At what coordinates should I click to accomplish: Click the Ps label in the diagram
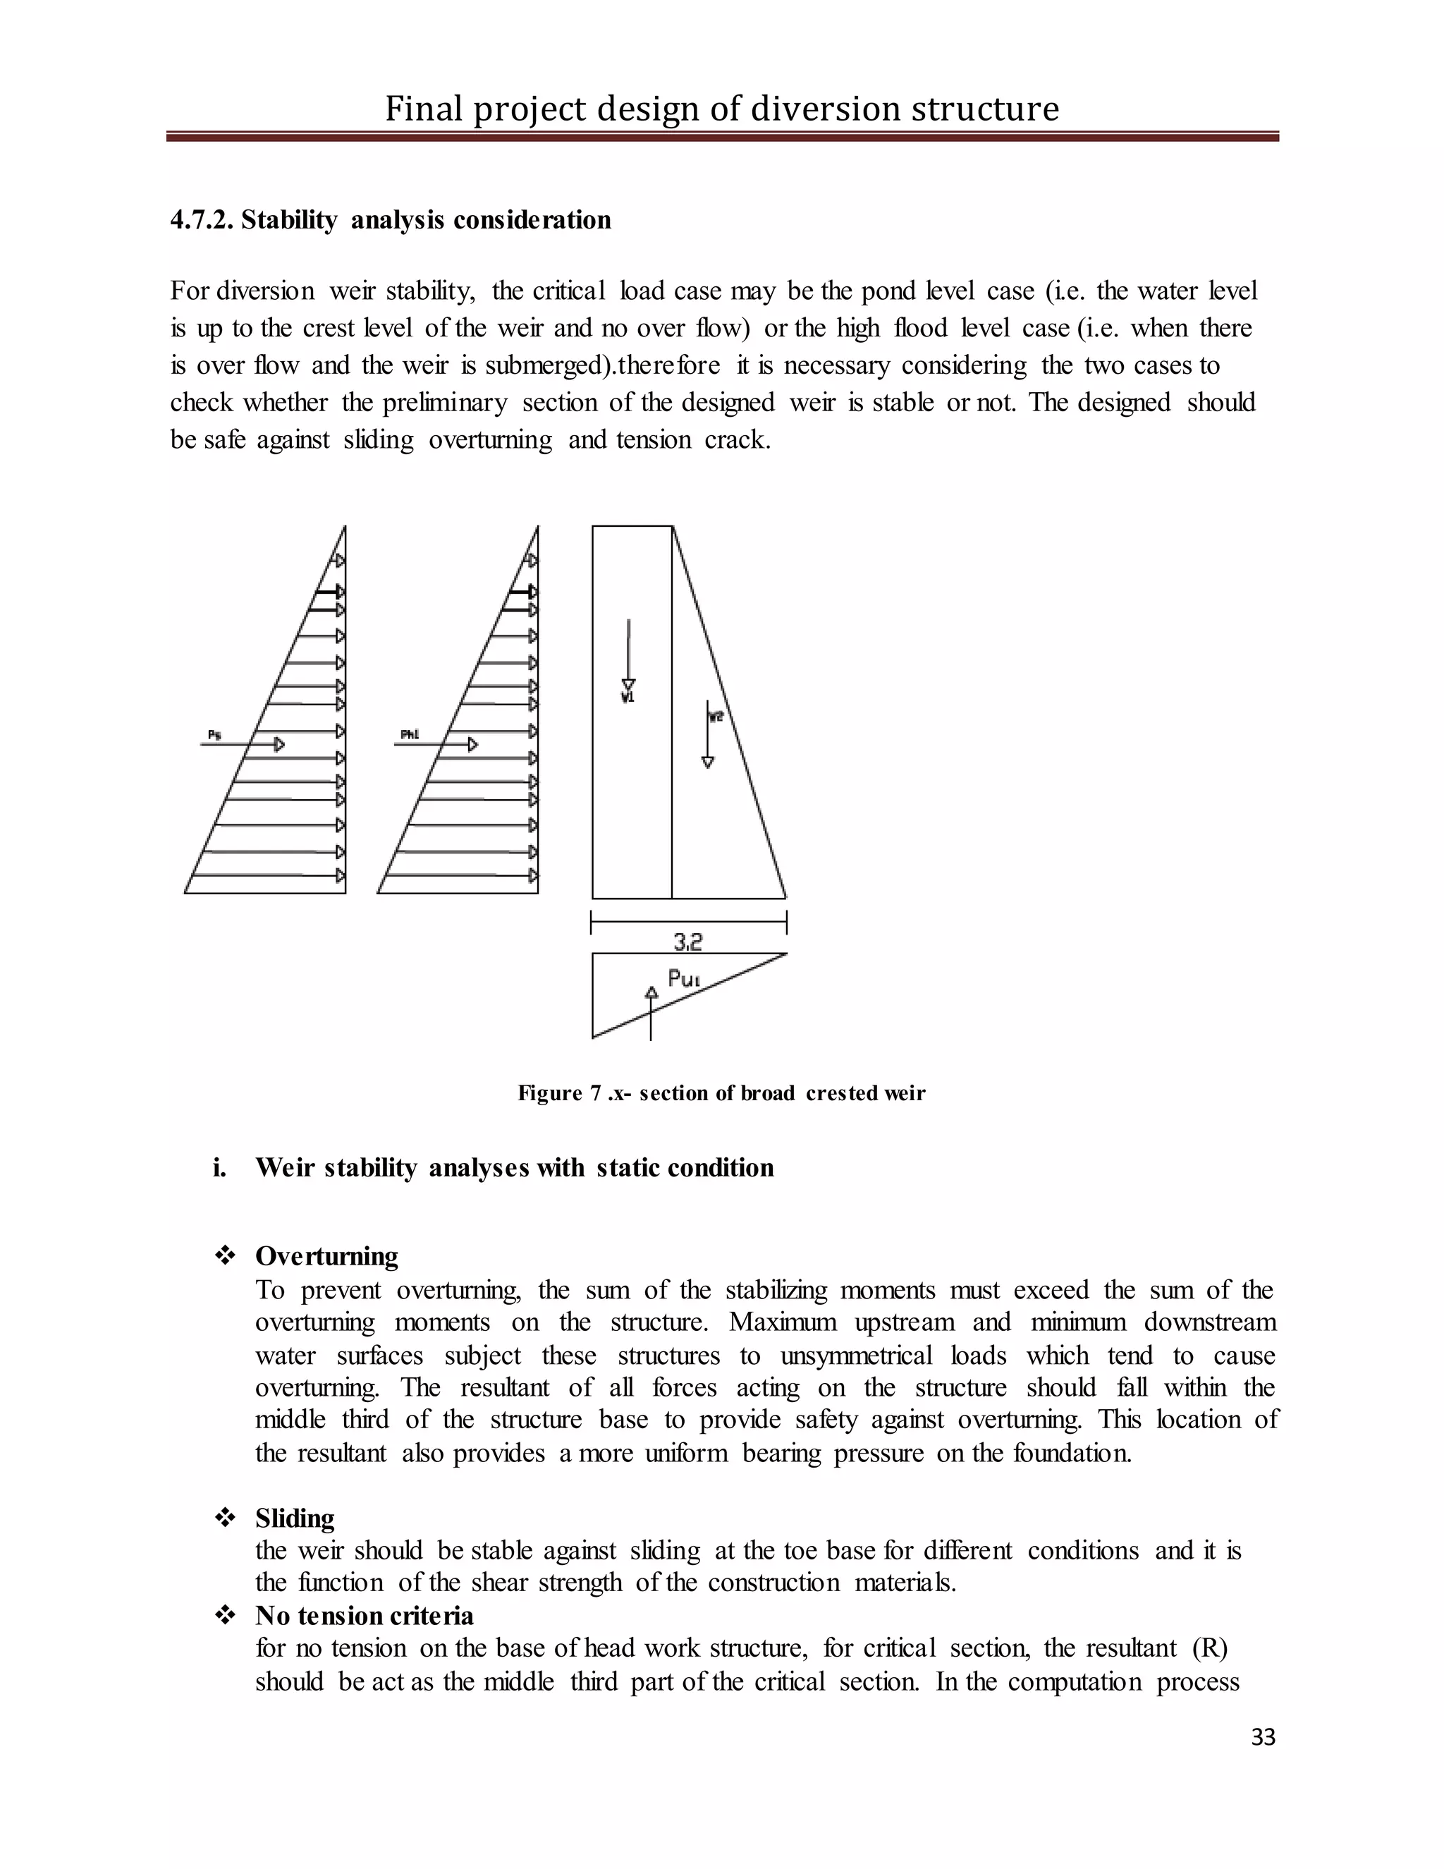pos(214,734)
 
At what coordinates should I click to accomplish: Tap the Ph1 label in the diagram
pos(409,734)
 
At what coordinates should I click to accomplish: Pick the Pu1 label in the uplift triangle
pos(683,978)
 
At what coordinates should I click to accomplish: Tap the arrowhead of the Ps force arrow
pos(279,745)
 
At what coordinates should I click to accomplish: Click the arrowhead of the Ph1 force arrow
pos(472,745)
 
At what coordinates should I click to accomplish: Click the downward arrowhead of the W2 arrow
pos(707,762)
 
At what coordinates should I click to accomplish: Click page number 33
pos(1263,1736)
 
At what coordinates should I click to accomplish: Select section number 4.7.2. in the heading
pos(202,220)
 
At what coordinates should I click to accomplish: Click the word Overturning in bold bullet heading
pos(326,1255)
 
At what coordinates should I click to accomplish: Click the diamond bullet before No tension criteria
pos(225,1615)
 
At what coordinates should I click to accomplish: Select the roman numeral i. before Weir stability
pos(220,1167)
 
